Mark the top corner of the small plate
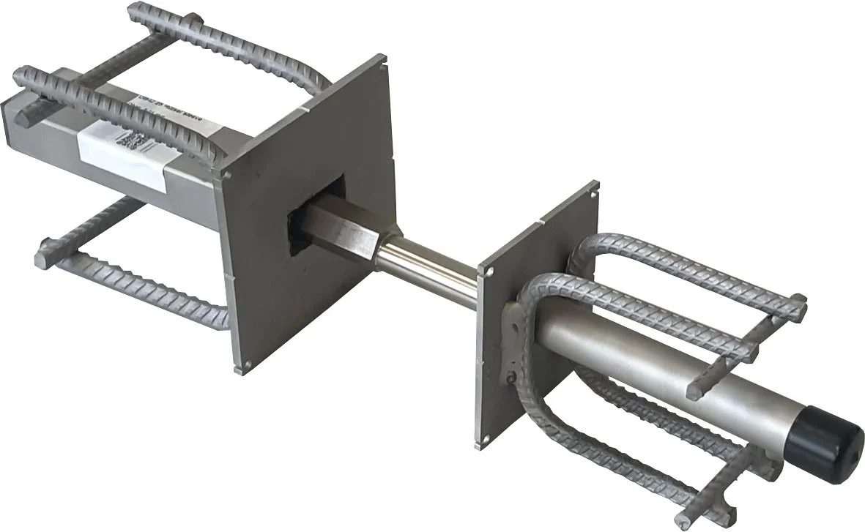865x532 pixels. coord(594,187)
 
